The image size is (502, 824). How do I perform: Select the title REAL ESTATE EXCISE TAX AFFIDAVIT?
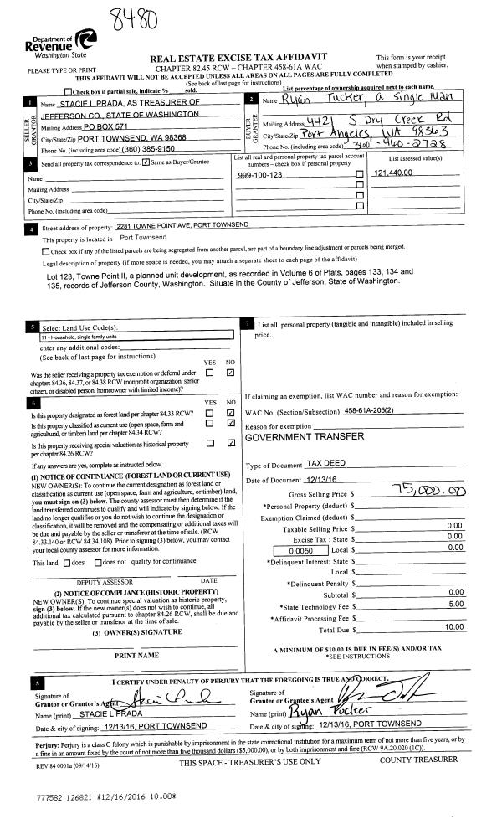coord(238,57)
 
